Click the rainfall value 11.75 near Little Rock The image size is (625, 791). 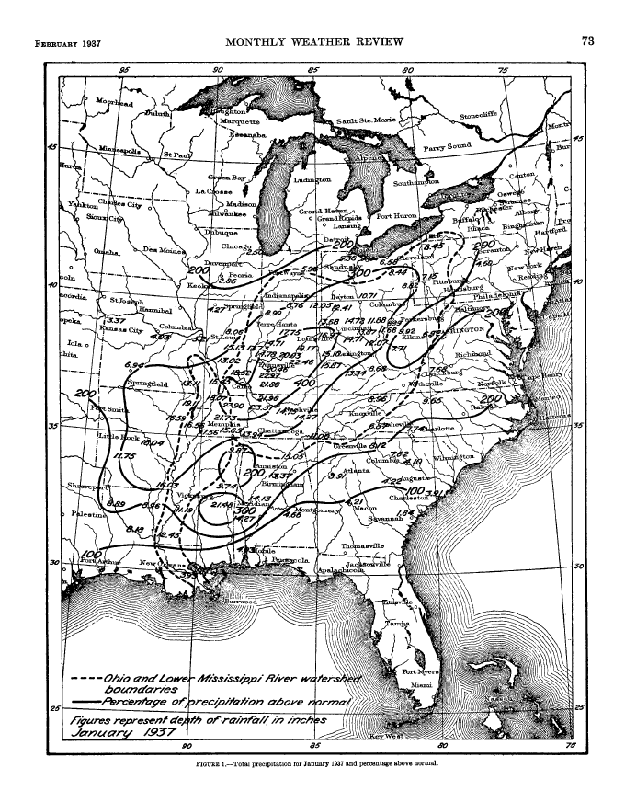click(124, 454)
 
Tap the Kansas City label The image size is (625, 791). click(122, 329)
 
